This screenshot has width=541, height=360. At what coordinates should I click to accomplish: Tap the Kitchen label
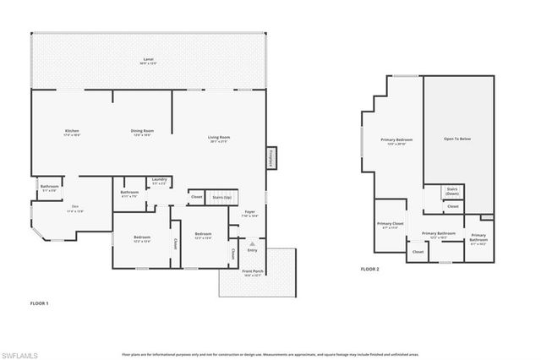[x=73, y=132]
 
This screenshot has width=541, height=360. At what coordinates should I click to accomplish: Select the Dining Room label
[x=142, y=132]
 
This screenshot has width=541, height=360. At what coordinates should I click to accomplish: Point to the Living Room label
[x=220, y=139]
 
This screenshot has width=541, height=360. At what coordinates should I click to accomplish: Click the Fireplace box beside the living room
[x=272, y=157]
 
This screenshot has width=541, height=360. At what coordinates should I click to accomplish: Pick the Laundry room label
[x=158, y=180]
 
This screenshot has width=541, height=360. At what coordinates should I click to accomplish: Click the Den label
[x=74, y=209]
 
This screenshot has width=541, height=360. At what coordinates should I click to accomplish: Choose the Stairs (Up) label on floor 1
[x=222, y=196]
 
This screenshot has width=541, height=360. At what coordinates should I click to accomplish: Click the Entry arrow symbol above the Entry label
[x=251, y=243]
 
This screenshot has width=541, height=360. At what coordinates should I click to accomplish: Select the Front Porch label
[x=253, y=272]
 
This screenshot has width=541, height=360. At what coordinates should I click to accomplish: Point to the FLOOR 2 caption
[x=370, y=268]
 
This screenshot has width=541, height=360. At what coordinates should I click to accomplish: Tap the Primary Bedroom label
[x=395, y=141]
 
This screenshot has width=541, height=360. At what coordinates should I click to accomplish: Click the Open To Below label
[x=457, y=139]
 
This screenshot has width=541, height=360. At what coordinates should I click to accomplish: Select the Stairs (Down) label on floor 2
[x=452, y=191]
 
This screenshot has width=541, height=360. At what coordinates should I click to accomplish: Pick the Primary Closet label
[x=390, y=225]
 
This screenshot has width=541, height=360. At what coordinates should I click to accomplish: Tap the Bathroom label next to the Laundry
[x=129, y=194]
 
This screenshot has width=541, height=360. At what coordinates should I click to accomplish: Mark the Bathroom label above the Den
[x=49, y=188]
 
